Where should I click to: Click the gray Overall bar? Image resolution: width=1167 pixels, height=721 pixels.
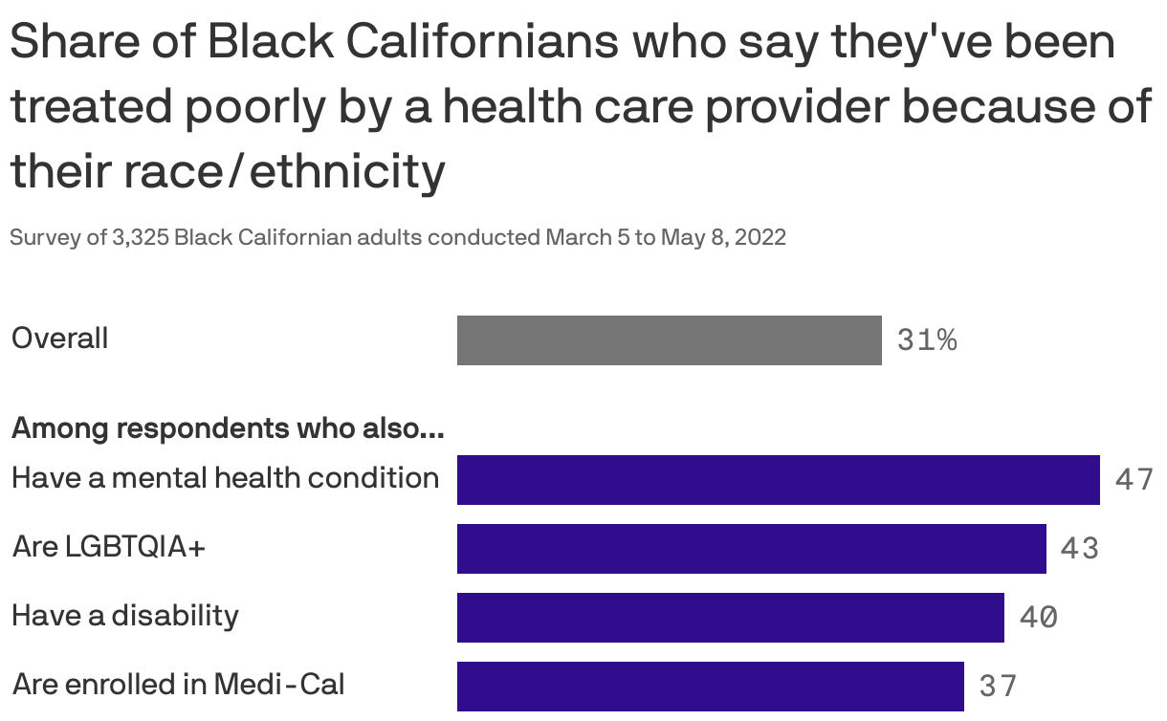coord(669,340)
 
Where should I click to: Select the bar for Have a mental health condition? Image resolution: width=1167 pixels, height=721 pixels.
coord(778,480)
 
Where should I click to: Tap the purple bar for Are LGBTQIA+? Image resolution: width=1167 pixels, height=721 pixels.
coord(751,549)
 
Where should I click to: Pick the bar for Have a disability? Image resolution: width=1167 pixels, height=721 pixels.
coord(730,618)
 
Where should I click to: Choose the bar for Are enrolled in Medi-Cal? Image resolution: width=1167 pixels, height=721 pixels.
coord(710,686)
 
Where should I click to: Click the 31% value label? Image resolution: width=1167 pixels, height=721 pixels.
coord(926,340)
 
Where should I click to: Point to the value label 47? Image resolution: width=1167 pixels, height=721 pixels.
coord(1134,480)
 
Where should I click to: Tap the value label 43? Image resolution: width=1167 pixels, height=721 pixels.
coord(1079,549)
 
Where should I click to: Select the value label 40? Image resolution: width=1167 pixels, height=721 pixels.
coord(1038,618)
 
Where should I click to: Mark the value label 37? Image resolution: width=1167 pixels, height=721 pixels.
coord(998,686)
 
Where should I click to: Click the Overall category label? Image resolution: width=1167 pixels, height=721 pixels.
coord(59,339)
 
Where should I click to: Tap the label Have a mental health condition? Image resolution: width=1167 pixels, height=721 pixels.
coord(225,477)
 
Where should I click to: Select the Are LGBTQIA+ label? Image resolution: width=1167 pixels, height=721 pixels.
coord(108,547)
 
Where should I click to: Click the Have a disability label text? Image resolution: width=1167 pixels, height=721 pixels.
coord(124,615)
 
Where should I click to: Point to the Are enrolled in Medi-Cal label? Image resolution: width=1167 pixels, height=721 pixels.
coord(178,685)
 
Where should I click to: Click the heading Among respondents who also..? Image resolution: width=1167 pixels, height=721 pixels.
coord(227,429)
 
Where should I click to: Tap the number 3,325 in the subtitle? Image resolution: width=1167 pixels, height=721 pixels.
coord(141,237)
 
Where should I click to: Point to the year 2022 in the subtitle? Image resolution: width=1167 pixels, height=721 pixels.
coord(760,237)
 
